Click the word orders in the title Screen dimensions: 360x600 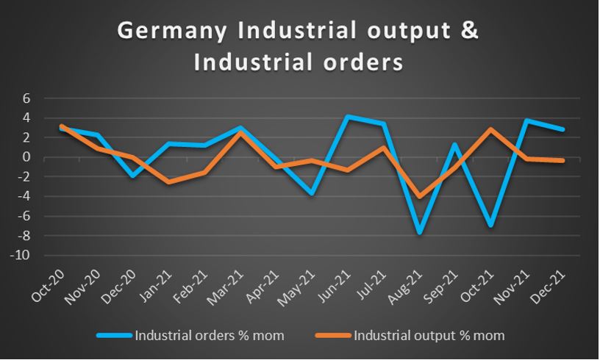(x=365, y=62)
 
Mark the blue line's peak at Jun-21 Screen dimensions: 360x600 (x=347, y=116)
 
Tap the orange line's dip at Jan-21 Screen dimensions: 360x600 (x=168, y=182)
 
